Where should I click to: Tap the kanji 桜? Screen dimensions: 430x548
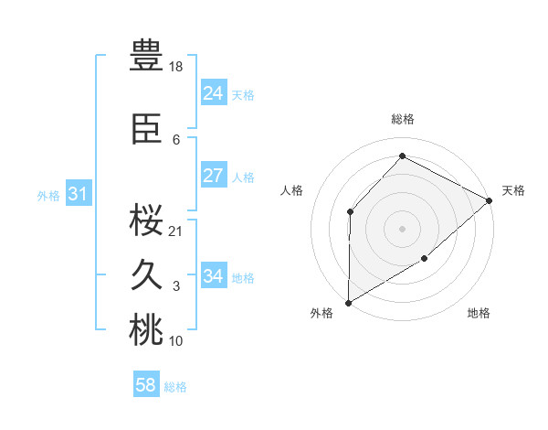click(146, 219)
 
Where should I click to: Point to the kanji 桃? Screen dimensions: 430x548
click(146, 330)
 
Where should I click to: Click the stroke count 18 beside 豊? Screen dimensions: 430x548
click(176, 67)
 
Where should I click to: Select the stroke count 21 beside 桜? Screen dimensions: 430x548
click(176, 231)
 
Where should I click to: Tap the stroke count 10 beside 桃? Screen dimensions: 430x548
click(176, 341)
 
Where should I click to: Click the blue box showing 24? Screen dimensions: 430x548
click(213, 93)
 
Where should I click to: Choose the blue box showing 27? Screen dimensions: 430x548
click(213, 176)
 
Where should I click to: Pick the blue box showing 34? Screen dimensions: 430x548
click(213, 276)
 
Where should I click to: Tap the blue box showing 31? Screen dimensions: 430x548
click(78, 194)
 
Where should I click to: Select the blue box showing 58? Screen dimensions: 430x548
click(145, 385)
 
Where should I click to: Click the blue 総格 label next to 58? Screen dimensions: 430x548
click(175, 387)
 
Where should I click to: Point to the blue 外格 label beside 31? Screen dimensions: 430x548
click(48, 196)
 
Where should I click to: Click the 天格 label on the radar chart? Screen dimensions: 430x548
click(513, 190)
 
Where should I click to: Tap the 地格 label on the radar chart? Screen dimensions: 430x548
click(479, 314)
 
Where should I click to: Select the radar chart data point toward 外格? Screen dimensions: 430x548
click(348, 302)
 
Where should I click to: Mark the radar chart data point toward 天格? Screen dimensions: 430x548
click(490, 200)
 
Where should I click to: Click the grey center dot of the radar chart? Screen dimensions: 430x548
click(402, 228)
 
